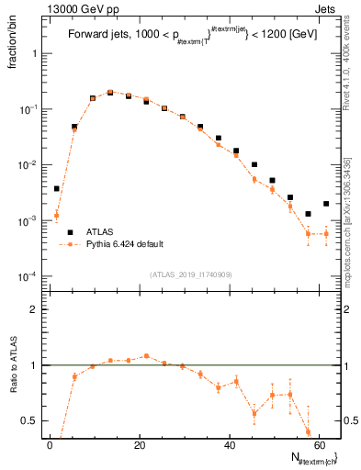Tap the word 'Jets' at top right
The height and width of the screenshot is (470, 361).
(x=326, y=9)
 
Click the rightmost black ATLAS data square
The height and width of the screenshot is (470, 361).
(x=326, y=204)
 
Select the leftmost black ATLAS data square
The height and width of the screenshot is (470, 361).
(x=56, y=188)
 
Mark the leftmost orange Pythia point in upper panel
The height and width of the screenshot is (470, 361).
(x=56, y=217)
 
